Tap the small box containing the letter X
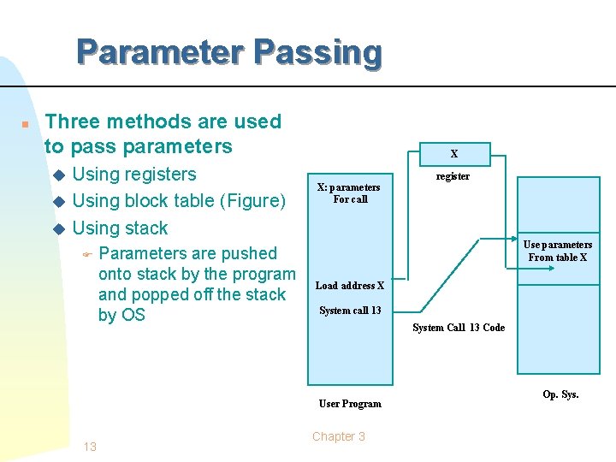click(x=454, y=154)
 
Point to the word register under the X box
click(x=453, y=176)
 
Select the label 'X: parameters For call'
click(x=349, y=193)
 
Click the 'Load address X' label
click(x=349, y=286)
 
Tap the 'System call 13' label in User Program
click(x=350, y=311)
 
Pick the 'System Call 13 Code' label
click(x=459, y=328)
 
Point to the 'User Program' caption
click(x=350, y=404)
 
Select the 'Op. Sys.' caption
click(x=560, y=394)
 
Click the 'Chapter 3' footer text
click(x=339, y=436)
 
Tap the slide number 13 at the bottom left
click(x=90, y=447)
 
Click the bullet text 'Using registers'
click(x=134, y=175)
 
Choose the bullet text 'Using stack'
click(x=120, y=228)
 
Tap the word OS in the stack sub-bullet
click(x=133, y=315)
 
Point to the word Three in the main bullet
click(x=69, y=121)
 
